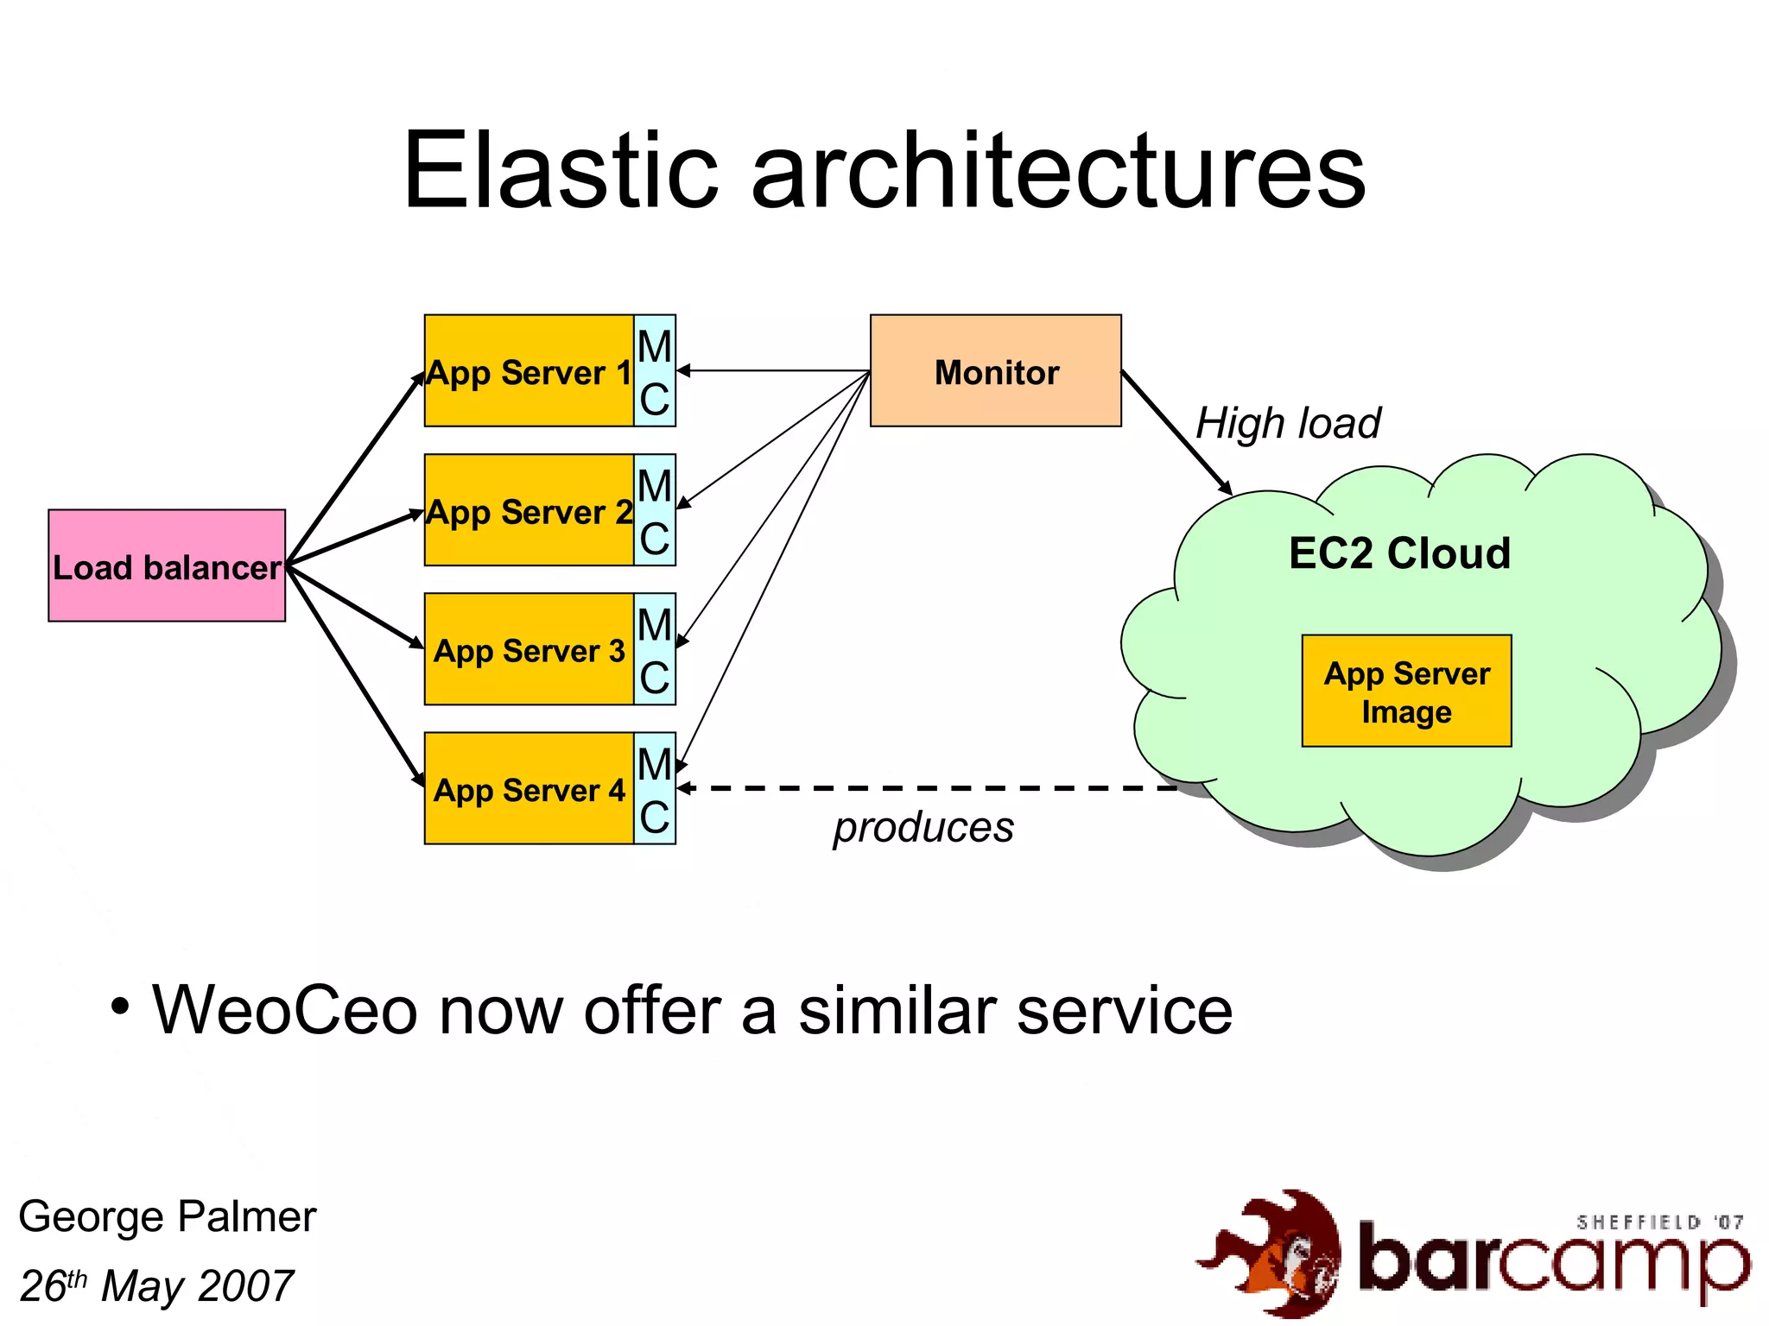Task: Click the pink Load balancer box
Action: [x=167, y=565]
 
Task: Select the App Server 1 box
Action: [x=529, y=371]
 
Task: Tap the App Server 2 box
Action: [x=529, y=510]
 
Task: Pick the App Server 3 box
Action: [x=529, y=649]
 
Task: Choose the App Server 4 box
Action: [x=529, y=788]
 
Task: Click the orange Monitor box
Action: [x=995, y=371]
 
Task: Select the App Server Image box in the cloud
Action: [x=1406, y=691]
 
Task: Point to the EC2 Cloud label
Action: [x=1399, y=553]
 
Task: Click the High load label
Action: [x=1288, y=424]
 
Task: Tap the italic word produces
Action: [x=923, y=827]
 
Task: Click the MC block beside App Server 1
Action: [x=655, y=371]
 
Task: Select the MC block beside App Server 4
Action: [x=655, y=788]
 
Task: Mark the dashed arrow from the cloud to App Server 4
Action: [x=933, y=787]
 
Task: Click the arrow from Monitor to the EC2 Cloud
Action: [x=1176, y=432]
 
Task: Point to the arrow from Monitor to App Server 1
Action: [x=773, y=370]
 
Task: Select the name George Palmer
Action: [x=167, y=1216]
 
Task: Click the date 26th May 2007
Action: [x=156, y=1285]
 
